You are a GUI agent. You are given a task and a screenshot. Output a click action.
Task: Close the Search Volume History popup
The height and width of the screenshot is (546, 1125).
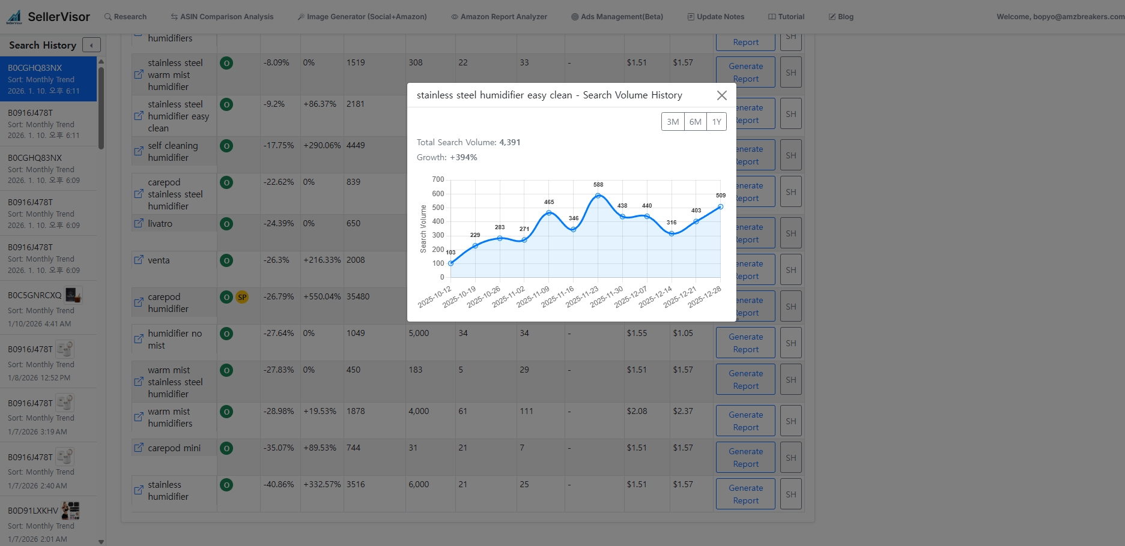coord(721,95)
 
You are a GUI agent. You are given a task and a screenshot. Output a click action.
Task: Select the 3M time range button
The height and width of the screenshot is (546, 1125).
coord(673,122)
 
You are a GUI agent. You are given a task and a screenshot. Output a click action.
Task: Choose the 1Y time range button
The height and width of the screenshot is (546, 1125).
coord(717,122)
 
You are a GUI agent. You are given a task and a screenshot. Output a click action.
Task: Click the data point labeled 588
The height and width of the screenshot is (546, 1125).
coord(598,196)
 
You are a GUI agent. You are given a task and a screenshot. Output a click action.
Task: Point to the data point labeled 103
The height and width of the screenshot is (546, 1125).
coord(451,263)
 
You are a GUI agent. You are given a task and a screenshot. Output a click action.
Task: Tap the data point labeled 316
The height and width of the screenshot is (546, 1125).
coord(672,233)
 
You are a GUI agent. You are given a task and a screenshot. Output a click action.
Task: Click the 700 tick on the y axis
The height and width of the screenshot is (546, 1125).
coord(438,179)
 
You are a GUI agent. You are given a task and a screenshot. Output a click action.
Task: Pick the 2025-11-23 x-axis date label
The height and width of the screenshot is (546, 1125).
coord(583,297)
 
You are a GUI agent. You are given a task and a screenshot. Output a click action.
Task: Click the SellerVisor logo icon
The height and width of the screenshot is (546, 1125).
coord(14,17)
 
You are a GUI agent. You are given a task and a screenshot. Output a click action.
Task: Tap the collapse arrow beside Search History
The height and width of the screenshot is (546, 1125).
coord(91,45)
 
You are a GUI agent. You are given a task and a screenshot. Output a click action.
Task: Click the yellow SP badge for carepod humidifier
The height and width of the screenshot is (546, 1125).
coord(242,297)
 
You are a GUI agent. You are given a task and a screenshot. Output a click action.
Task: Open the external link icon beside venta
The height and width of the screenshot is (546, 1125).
coord(139,260)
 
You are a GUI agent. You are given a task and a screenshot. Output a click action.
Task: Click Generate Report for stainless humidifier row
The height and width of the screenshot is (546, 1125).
coord(745,494)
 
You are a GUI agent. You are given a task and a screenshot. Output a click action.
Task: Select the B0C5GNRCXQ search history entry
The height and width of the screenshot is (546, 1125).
coord(35,295)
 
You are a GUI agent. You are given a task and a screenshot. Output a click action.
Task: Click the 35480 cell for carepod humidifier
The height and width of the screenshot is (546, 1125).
coord(358,296)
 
